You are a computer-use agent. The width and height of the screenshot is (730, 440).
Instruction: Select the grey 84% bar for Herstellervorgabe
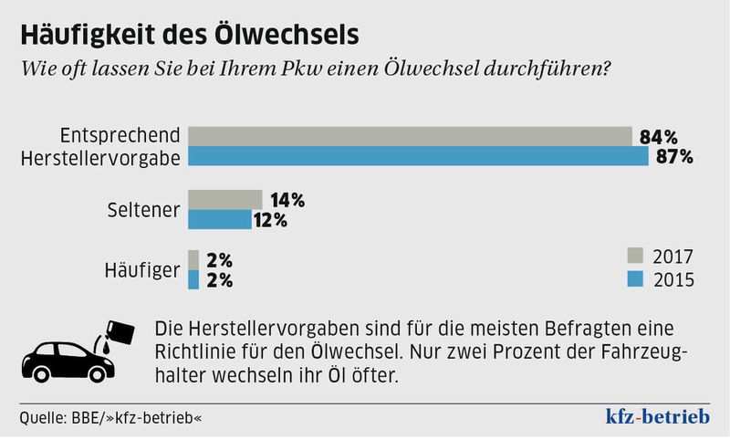point(410,137)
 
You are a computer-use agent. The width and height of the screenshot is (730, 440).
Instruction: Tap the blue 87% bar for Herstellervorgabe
point(416,157)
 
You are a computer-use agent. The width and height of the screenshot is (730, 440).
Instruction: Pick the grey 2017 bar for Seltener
point(224,200)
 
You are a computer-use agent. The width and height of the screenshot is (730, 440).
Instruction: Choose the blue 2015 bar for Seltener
point(219,220)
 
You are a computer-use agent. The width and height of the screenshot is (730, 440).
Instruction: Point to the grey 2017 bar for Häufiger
point(193,260)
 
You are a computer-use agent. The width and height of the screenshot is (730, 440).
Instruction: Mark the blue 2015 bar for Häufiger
point(193,279)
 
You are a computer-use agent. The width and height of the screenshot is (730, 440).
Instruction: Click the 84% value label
point(658,138)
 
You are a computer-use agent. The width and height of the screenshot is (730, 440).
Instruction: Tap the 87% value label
point(674,157)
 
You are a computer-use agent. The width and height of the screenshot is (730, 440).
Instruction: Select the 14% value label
point(286,200)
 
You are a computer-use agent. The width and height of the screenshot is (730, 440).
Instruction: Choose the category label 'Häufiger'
point(144,270)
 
